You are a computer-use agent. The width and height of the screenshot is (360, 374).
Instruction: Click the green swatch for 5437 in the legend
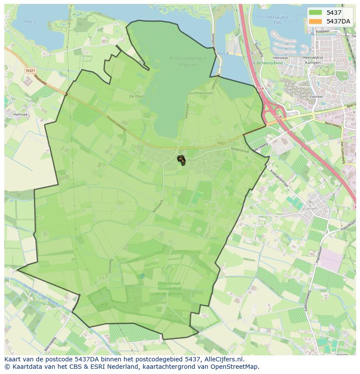316,13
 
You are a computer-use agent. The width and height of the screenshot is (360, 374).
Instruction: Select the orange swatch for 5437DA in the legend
316,21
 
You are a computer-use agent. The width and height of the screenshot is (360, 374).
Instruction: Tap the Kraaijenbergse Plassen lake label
182,62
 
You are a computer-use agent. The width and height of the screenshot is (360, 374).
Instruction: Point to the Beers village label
192,159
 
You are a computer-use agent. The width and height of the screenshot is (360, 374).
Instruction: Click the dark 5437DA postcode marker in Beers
181,160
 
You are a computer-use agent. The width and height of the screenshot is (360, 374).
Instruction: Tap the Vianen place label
310,209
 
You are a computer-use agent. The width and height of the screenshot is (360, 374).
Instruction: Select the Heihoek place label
20,115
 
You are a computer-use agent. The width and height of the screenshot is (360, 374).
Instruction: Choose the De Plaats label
137,96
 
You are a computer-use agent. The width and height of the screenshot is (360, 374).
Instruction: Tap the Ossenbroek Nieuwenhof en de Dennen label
170,288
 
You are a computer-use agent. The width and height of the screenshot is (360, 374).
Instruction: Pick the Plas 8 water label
223,53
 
